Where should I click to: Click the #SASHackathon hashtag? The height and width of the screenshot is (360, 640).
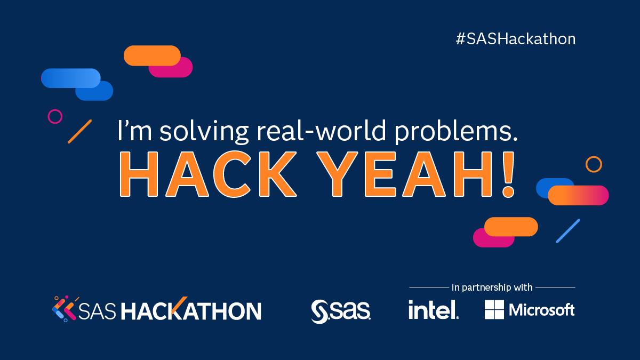[516, 39]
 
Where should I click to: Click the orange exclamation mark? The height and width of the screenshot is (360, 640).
[508, 174]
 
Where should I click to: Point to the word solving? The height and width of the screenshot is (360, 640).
[204, 131]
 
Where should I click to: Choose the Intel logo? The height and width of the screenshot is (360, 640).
[434, 309]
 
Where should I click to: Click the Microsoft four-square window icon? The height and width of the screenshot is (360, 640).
[494, 309]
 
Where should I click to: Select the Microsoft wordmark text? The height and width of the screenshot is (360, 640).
[542, 310]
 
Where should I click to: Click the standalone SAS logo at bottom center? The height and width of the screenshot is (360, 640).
[341, 311]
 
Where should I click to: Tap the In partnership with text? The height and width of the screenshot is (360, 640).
[492, 287]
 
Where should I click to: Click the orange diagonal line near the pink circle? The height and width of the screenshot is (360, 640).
[79, 131]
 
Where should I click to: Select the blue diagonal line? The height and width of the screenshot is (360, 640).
[568, 231]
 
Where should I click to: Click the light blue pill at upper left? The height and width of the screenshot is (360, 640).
[70, 78]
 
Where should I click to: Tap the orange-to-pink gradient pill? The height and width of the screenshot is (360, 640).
[578, 195]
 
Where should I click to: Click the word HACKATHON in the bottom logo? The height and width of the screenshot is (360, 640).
[191, 310]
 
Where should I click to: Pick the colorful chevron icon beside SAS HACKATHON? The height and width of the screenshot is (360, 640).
[65, 309]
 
